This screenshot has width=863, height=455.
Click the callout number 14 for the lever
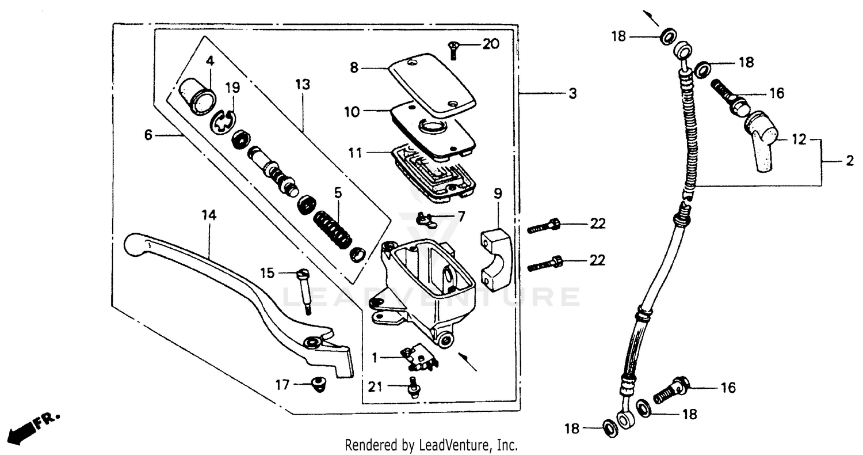[x=209, y=215]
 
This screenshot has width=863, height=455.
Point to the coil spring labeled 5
[x=333, y=229]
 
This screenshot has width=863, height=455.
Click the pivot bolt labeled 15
[x=304, y=291]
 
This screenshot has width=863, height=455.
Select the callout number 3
[x=572, y=94]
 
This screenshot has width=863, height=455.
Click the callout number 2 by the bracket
[x=850, y=162]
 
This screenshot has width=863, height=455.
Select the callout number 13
[x=303, y=85]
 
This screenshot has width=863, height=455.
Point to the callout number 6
[x=148, y=135]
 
